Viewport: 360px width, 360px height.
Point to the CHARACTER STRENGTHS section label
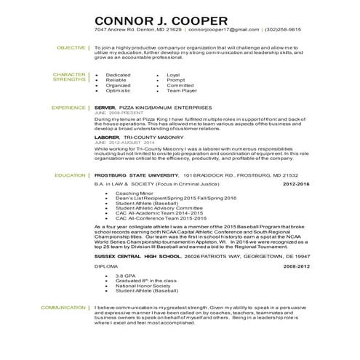69,77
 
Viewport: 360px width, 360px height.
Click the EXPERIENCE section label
68,107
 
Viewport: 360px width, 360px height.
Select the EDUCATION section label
70,176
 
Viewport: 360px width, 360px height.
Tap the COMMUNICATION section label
63,308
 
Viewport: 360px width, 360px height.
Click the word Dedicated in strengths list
119,75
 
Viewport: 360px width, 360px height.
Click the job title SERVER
105,107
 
